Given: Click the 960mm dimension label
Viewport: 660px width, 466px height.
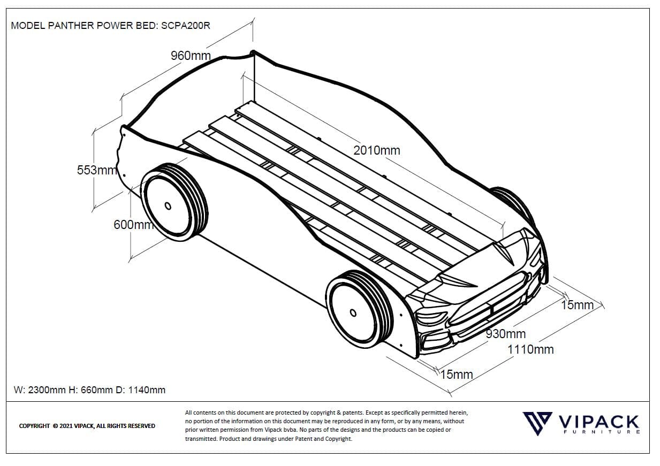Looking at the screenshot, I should click(191, 56).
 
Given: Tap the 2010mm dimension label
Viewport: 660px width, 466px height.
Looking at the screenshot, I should click(376, 151).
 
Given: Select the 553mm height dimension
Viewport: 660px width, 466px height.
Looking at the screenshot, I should click(96, 170).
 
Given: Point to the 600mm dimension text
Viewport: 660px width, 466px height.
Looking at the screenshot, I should click(133, 225).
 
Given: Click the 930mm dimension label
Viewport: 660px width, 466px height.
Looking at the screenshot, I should click(505, 334).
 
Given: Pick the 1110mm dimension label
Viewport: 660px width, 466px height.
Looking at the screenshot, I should click(530, 349).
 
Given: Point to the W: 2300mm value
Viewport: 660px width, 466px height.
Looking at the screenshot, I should click(39, 390).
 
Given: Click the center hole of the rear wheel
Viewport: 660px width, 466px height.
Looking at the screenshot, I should click(168, 206).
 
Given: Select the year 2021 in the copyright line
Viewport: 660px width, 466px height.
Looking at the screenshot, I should click(66, 426).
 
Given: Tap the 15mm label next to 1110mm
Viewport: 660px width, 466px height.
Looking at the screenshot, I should click(577, 305).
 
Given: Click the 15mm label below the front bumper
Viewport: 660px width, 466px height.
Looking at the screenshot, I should click(456, 375).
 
